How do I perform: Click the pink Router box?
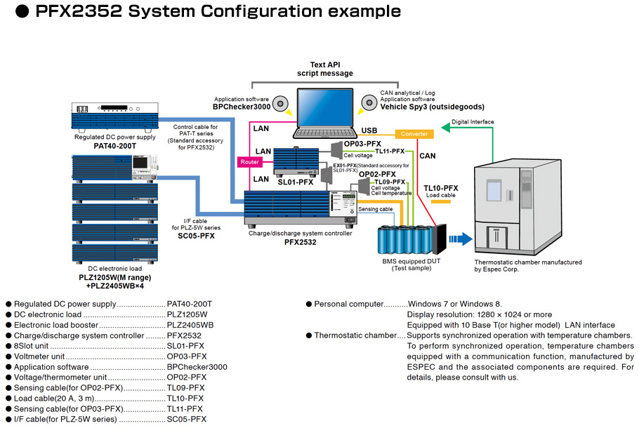point(250,161)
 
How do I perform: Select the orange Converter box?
point(414,133)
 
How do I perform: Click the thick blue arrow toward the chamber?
point(460,239)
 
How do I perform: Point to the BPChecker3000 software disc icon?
point(281,105)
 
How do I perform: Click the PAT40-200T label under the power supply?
point(114,147)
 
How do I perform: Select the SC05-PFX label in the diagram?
point(197,236)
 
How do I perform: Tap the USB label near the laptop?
point(369,131)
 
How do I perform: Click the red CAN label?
point(427,156)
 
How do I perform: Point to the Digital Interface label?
point(473,121)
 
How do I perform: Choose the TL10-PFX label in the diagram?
point(441,188)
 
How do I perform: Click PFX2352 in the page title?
point(75,11)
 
